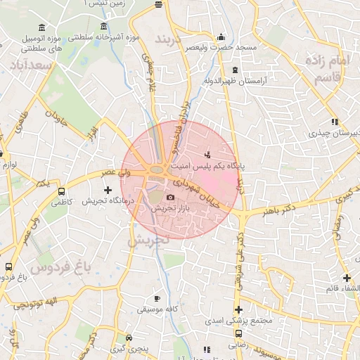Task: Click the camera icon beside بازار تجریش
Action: pyautogui.click(x=171, y=198)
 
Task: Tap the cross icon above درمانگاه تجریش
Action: pyautogui.click(x=108, y=190)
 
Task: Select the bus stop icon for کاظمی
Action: pyautogui.click(x=61, y=191)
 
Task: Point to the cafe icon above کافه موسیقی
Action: pyautogui.click(x=156, y=298)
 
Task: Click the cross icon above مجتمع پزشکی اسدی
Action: pyautogui.click(x=238, y=310)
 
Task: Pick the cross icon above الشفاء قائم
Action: pyautogui.click(x=347, y=278)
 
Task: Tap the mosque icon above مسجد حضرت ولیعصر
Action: pyautogui.click(x=221, y=37)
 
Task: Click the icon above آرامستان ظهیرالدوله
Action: pyautogui.click(x=234, y=71)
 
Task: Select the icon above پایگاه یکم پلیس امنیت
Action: pyautogui.click(x=207, y=154)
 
